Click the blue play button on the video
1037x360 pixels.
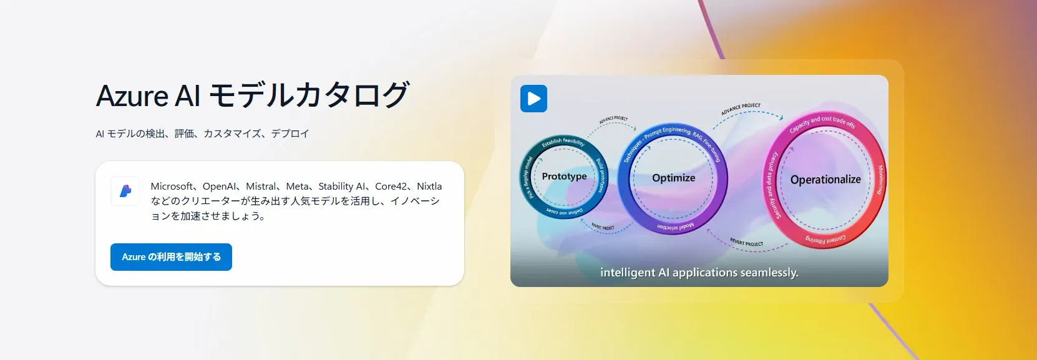point(533,99)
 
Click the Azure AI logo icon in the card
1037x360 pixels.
point(125,191)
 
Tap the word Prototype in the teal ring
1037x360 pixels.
point(564,177)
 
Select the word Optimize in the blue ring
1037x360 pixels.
point(673,178)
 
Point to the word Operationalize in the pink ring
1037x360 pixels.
point(825,180)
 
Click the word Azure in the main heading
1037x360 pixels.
point(132,96)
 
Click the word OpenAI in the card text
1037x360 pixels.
point(220,187)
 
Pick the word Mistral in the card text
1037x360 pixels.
point(261,187)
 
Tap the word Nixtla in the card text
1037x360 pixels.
point(429,187)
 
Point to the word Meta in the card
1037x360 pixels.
point(297,187)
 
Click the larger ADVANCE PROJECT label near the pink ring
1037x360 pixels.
point(741,109)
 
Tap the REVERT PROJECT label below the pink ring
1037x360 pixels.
point(746,243)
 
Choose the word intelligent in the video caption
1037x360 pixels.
point(628,273)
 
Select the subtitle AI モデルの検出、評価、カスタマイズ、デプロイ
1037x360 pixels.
point(202,134)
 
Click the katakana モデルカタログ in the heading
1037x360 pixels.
point(308,96)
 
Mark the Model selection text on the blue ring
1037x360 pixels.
point(675,226)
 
